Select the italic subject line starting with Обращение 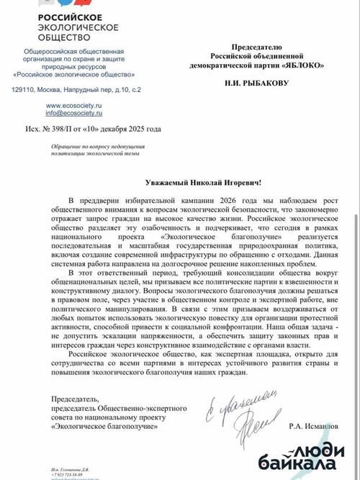click(x=91, y=150)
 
